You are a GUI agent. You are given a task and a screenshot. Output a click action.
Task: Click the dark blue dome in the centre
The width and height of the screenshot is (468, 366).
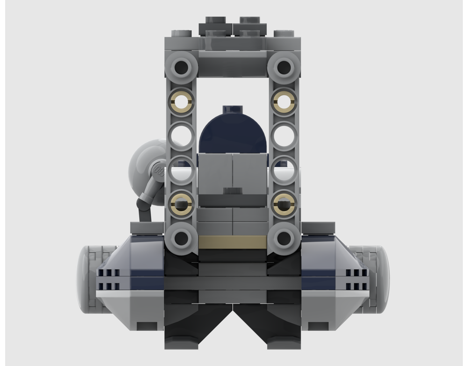pos(233,131)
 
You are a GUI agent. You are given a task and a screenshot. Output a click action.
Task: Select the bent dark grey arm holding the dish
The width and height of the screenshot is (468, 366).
pos(146,201)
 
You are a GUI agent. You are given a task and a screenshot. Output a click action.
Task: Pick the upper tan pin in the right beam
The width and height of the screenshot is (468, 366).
pos(284,102)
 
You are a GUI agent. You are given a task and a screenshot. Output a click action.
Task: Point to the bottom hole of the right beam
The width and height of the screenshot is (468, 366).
pos(284,237)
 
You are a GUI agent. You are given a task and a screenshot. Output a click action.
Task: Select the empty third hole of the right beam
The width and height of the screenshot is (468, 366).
pos(284,136)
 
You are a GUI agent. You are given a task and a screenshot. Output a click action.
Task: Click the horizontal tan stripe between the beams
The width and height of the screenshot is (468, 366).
pos(232,242)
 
